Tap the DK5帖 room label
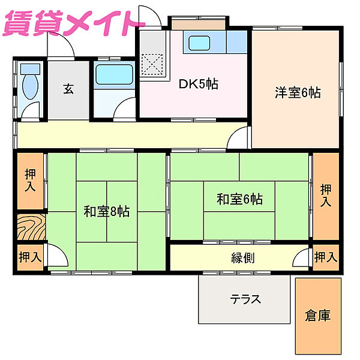198,85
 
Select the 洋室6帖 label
298,92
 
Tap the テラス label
246,299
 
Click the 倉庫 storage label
317,314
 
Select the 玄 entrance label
68,90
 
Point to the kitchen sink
199,44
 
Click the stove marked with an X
154,62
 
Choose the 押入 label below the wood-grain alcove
30,257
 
